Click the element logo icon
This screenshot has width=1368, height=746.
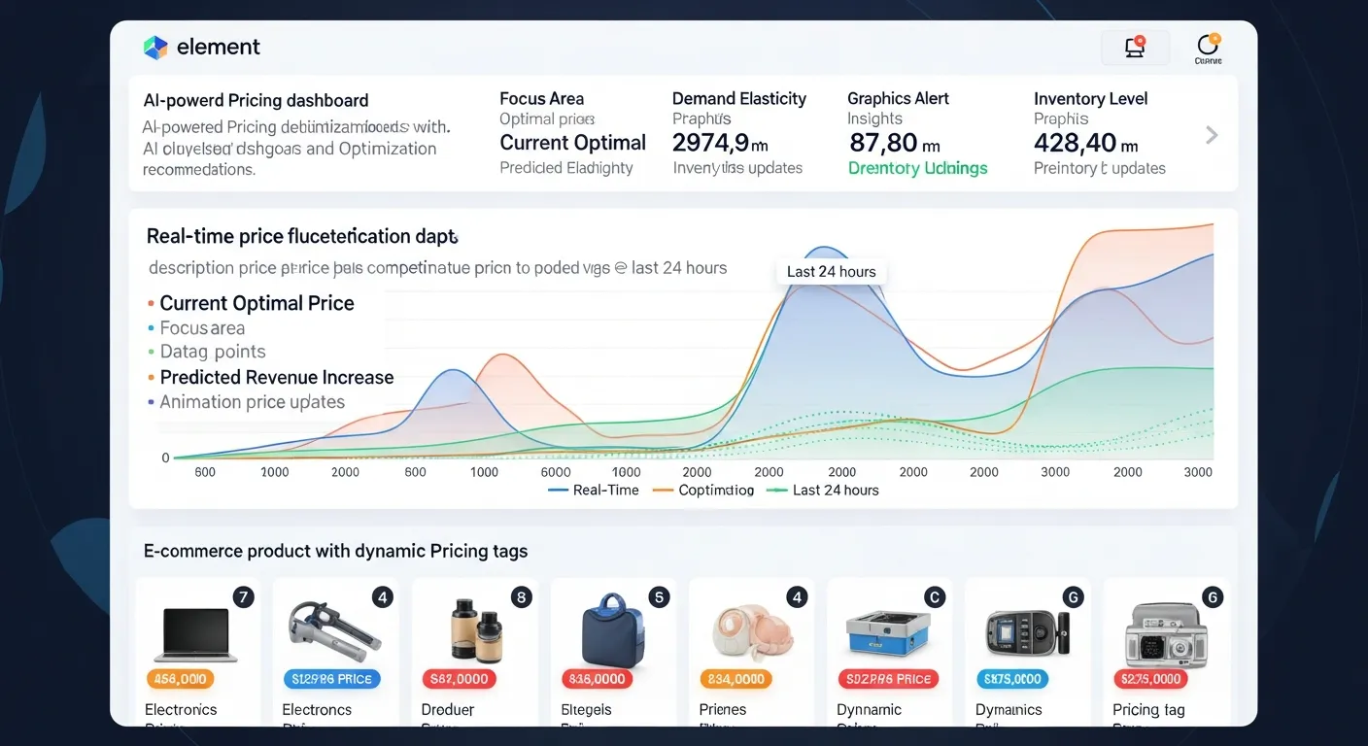click(x=155, y=48)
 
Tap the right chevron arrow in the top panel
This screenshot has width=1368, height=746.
click(x=1212, y=135)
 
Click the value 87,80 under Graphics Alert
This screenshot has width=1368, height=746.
click(x=883, y=144)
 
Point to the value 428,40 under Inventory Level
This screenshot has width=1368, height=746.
click(x=1076, y=144)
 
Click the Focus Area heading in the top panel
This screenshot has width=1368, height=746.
click(x=541, y=98)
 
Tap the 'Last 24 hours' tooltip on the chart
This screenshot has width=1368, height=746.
click(x=831, y=272)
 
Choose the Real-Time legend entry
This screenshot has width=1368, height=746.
click(x=594, y=491)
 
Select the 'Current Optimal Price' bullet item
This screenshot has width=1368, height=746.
click(x=256, y=303)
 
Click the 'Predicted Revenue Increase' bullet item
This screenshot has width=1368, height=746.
click(x=276, y=378)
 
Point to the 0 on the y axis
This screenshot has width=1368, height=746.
click(x=165, y=458)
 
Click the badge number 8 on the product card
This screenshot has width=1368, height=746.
click(x=521, y=597)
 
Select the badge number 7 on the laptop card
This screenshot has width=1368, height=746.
click(x=243, y=597)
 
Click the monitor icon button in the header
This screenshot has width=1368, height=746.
click(x=1134, y=48)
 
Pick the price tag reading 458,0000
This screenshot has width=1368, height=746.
click(x=180, y=679)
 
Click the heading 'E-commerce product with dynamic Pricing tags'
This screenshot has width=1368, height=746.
click(x=335, y=551)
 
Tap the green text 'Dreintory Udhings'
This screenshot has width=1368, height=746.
click(x=917, y=168)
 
